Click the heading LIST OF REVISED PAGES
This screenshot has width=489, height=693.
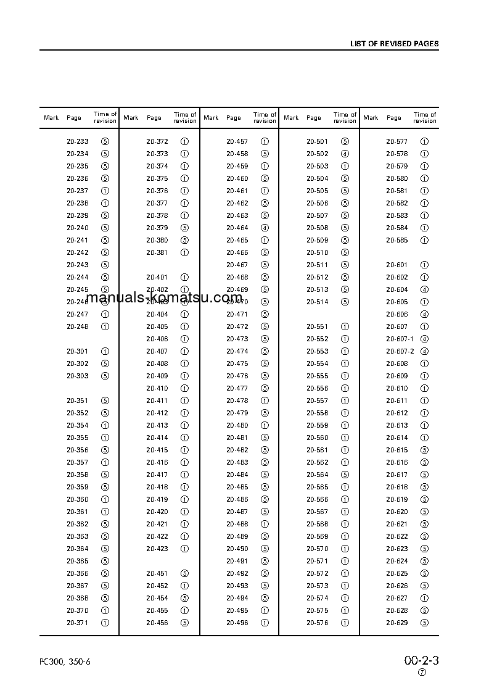pos(394,44)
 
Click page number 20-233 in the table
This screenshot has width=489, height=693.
pos(77,141)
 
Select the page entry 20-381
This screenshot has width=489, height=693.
pos(157,252)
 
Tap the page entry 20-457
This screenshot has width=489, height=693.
pos(237,141)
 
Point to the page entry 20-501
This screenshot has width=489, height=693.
pos(317,141)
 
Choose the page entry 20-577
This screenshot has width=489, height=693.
pos(397,141)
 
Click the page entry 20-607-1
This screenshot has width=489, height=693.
pos(400,339)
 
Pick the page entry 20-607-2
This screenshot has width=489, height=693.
pos(400,351)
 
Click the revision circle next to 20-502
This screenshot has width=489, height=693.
pos(345,154)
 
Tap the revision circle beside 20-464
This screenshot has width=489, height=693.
pos(265,228)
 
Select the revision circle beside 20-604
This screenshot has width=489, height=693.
pos(424,289)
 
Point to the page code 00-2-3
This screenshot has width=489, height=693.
pos(421,660)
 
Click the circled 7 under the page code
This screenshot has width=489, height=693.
pos(422,673)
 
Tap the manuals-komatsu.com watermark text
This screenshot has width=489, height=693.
pos(165,299)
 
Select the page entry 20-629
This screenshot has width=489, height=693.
pos(397,623)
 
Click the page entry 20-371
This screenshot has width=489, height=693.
pos(77,623)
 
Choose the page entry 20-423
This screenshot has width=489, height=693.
pos(157,549)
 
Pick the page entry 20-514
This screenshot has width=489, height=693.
pos(317,302)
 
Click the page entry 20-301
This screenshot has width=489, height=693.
pos(77,351)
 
